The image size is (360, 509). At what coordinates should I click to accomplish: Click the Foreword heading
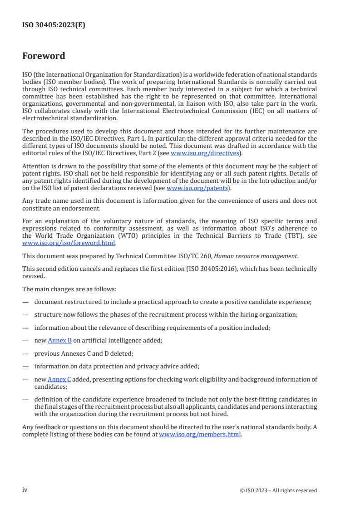(44, 56)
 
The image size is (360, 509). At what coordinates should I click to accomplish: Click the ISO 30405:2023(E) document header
(54, 25)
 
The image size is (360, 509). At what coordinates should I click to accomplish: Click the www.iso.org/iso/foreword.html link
(69, 243)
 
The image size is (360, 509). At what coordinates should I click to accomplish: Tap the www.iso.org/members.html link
(200, 434)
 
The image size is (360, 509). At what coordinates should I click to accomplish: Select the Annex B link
(59, 340)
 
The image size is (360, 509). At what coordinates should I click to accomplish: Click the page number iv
(25, 490)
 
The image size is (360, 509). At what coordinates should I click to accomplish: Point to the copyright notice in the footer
(278, 490)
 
